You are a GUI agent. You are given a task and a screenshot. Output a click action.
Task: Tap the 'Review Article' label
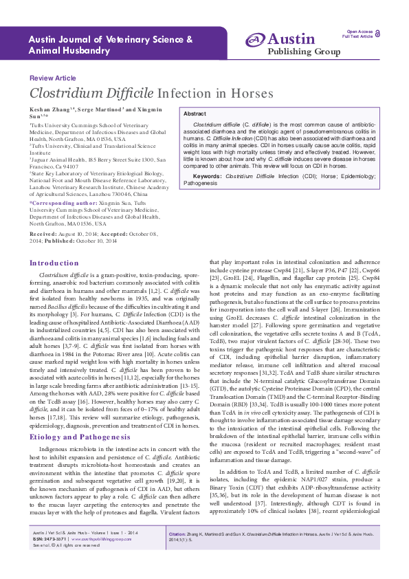tap(53, 78)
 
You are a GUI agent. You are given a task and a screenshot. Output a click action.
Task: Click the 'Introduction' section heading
tap(54, 263)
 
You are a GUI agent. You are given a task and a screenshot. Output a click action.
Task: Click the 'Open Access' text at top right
tap(360, 32)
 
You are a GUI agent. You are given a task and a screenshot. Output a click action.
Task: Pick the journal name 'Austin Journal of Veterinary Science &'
tap(110, 39)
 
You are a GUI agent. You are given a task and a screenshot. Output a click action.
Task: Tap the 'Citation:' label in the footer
tap(177, 552)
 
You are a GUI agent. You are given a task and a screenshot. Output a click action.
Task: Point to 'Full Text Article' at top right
tap(357, 36)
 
